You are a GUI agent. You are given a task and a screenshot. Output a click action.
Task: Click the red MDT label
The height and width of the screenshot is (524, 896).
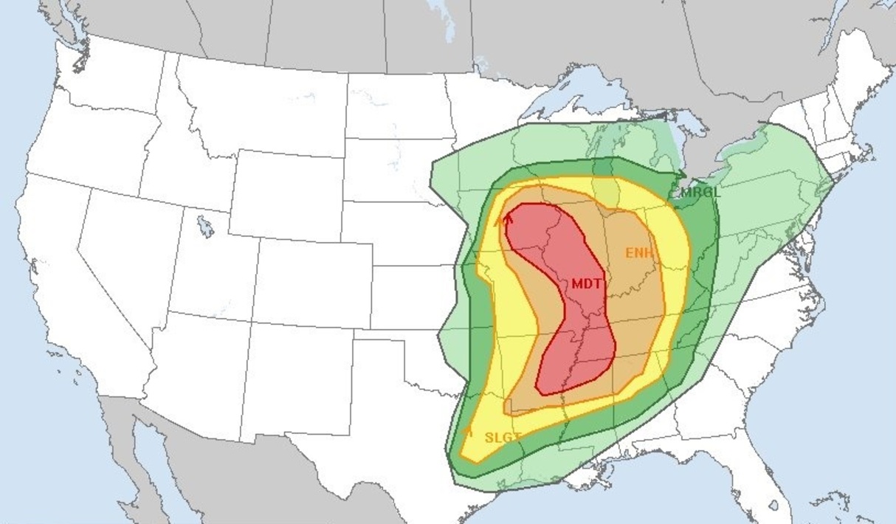[586, 283]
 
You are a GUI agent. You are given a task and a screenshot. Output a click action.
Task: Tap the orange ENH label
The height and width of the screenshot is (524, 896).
[639, 253]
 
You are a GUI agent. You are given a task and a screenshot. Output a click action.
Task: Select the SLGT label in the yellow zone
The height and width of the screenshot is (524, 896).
[503, 437]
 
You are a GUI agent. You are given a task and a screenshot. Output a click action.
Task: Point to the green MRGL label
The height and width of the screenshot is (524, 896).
[699, 192]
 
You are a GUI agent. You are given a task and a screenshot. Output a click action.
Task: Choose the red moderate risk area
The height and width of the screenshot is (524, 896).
[576, 325]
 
